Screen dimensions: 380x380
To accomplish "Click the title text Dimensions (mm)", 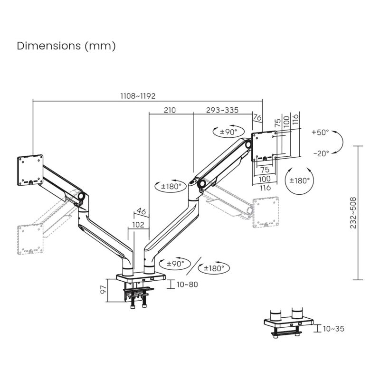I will tap(66, 46).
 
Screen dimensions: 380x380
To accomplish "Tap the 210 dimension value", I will tap(170, 110).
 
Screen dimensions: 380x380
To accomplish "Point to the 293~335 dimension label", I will tap(222, 110).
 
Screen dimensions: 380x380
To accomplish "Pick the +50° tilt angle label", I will tap(321, 133).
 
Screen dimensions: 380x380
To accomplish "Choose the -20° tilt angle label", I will tap(321, 153).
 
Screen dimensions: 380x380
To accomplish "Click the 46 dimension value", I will tap(141, 210).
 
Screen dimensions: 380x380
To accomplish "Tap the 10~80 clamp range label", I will tap(187, 285).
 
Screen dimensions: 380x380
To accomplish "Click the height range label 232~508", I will tap(353, 213).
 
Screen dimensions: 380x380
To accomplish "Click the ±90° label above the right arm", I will tap(226, 132).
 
